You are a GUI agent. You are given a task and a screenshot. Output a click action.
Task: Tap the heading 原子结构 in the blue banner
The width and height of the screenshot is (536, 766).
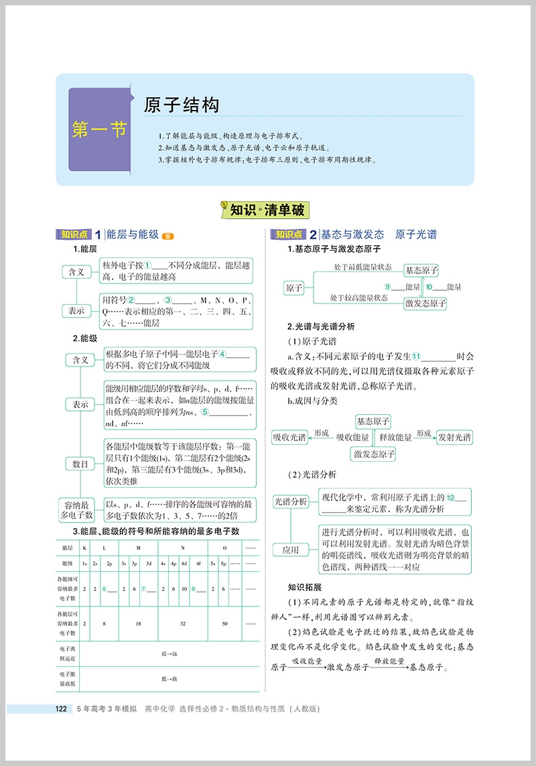[182, 105]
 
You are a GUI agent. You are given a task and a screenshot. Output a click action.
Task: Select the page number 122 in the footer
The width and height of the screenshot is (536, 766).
[60, 709]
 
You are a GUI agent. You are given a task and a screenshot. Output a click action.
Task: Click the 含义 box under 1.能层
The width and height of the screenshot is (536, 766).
[77, 271]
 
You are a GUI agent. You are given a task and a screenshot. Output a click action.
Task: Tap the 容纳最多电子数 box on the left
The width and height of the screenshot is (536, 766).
[76, 509]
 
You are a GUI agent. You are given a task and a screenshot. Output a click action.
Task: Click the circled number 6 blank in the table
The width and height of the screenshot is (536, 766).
[105, 589]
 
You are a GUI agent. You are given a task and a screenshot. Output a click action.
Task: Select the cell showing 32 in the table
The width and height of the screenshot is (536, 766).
[182, 623]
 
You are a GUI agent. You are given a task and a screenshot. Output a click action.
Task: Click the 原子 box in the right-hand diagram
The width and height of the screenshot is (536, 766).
[294, 288]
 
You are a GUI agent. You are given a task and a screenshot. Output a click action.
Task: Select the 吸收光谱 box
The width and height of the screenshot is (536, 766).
[289, 438]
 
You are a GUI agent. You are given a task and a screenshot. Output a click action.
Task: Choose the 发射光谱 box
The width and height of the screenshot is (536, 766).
[454, 438]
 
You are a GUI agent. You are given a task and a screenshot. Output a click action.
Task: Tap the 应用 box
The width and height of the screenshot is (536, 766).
[291, 550]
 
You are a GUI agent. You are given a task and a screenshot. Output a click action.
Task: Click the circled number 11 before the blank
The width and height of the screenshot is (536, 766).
[416, 357]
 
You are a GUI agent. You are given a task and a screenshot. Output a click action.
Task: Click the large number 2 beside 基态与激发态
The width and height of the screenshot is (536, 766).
[313, 235]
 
